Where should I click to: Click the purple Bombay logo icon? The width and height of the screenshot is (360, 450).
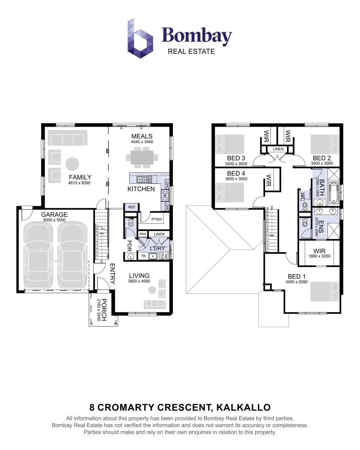coord(140,38)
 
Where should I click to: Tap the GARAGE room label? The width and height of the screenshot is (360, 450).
coord(54,215)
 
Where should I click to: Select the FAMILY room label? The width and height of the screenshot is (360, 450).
coord(80,177)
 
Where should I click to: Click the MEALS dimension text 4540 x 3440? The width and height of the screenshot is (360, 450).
coord(142,142)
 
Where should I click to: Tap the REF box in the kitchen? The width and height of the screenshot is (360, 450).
coord(132,207)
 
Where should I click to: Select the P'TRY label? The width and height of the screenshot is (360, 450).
coord(156,219)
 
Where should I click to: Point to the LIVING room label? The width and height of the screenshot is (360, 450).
coord(139,275)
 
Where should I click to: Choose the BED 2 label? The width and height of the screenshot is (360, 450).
coord(322,158)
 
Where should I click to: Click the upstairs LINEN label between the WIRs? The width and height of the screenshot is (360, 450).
coord(278,149)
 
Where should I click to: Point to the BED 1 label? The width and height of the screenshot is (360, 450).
coord(297,276)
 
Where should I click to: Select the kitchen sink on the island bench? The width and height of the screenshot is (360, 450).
coord(143,180)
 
